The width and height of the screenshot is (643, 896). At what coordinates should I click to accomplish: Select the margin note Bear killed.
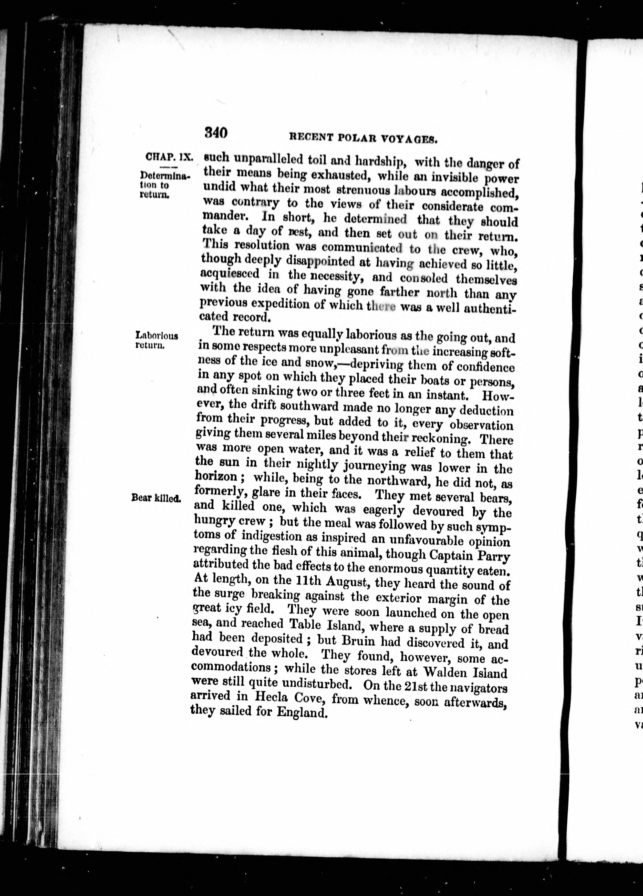(x=156, y=498)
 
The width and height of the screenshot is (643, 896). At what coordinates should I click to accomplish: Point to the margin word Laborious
(x=157, y=336)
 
